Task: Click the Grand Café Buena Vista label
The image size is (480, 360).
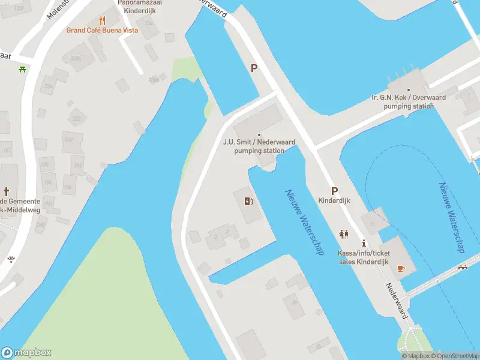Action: tap(102, 30)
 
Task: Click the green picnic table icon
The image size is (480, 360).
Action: tap(22, 69)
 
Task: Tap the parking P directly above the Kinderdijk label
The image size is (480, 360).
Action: tap(334, 190)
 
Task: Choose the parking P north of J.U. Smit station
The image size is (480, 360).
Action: tap(254, 68)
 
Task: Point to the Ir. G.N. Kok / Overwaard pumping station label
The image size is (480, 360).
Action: tap(407, 101)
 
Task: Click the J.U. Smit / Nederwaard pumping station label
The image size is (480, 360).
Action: tap(259, 146)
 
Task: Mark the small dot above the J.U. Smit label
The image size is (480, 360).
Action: tap(259, 134)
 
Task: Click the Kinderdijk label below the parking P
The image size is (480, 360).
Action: tap(334, 201)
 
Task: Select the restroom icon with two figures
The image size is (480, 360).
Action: tap(344, 234)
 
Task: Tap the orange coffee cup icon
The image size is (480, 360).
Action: tap(401, 268)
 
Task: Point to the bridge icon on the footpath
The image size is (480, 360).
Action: tap(462, 268)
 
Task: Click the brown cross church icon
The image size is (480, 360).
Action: tap(7, 192)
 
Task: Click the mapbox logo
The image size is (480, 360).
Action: tap(26, 353)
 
